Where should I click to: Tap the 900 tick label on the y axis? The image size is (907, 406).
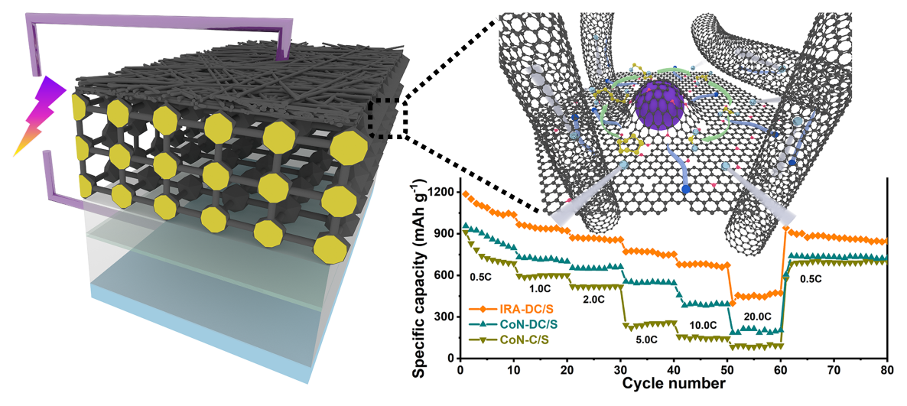click(442, 232)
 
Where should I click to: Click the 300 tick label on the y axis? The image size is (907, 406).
click(442, 317)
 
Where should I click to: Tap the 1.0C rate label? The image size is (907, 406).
click(541, 290)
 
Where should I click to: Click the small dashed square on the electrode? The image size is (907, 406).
click(388, 121)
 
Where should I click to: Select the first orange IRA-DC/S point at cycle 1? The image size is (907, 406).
click(465, 193)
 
